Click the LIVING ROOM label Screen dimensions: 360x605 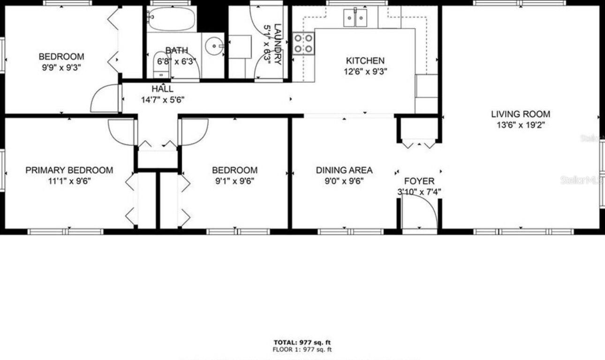(521, 114)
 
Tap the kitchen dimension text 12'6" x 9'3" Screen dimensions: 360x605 (365, 71)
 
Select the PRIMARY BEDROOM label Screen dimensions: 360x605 (69, 170)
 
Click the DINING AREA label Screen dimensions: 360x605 (344, 170)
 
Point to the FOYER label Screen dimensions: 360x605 (419, 181)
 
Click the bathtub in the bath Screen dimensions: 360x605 (171, 20)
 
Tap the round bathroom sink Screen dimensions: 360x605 (216, 46)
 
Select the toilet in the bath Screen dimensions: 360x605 (161, 66)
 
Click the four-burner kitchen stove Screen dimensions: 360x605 (303, 43)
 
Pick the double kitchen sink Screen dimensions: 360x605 (356, 18)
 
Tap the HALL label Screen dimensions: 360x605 (162, 89)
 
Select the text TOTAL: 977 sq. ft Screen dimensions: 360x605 (302, 343)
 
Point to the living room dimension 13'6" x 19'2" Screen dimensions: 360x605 (521, 125)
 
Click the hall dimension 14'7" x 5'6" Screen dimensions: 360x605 (162, 100)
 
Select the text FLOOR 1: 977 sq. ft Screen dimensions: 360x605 (302, 350)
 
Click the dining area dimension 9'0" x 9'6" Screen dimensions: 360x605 (344, 181)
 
